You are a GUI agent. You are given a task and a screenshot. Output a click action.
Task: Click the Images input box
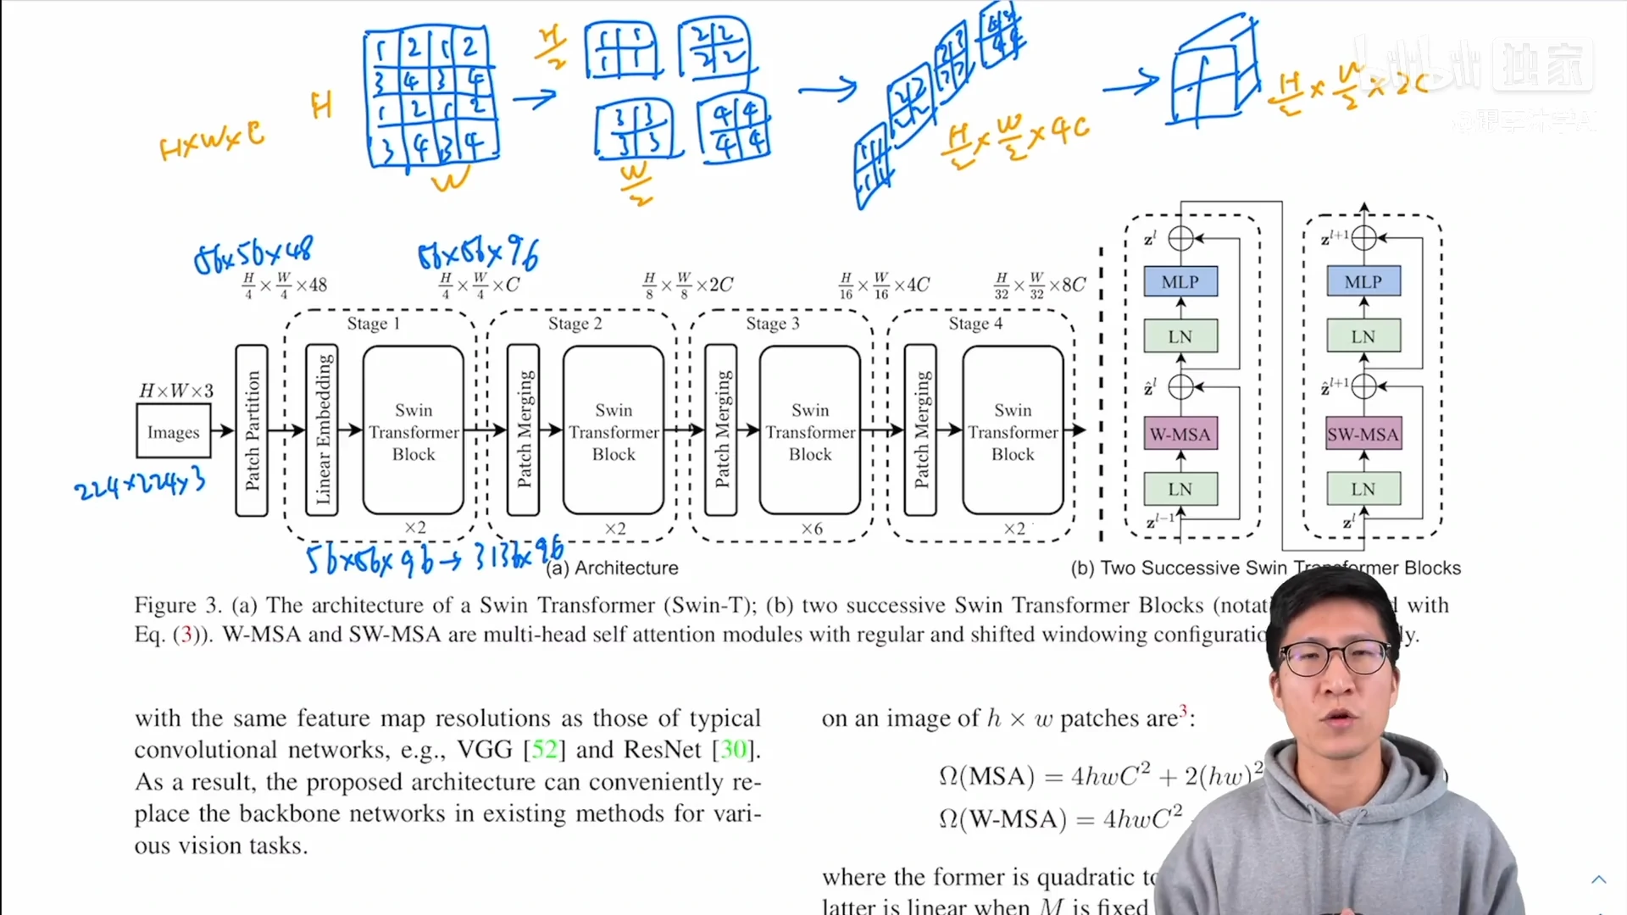click(x=173, y=432)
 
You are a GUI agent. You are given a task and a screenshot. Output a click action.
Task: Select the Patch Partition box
click(x=252, y=430)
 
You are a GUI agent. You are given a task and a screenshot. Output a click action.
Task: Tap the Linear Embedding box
click(x=322, y=430)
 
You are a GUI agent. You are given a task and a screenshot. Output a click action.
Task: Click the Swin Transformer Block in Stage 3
click(x=810, y=430)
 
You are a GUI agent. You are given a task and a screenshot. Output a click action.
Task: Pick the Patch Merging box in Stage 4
click(x=920, y=430)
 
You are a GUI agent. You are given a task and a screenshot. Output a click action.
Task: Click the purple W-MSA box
click(x=1180, y=435)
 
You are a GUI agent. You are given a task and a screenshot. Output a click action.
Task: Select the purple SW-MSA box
click(x=1363, y=435)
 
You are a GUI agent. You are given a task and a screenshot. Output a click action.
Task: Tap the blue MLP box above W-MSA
click(x=1180, y=281)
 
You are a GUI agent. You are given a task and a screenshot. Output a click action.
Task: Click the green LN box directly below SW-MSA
click(x=1363, y=489)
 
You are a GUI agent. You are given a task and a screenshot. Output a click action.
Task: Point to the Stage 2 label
click(x=575, y=324)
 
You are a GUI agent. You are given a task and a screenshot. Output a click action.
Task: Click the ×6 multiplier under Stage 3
click(x=812, y=529)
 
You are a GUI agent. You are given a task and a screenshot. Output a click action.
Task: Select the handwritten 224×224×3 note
click(x=140, y=485)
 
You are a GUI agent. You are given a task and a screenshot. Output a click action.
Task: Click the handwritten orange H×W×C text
click(x=212, y=141)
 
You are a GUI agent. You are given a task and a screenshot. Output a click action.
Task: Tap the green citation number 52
click(x=544, y=750)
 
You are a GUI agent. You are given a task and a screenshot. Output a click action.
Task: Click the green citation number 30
click(x=733, y=750)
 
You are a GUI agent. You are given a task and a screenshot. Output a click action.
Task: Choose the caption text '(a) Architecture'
click(x=612, y=568)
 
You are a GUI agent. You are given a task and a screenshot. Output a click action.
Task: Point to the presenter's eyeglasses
click(x=1335, y=657)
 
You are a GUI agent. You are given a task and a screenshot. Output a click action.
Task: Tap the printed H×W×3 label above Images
click(x=176, y=391)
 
